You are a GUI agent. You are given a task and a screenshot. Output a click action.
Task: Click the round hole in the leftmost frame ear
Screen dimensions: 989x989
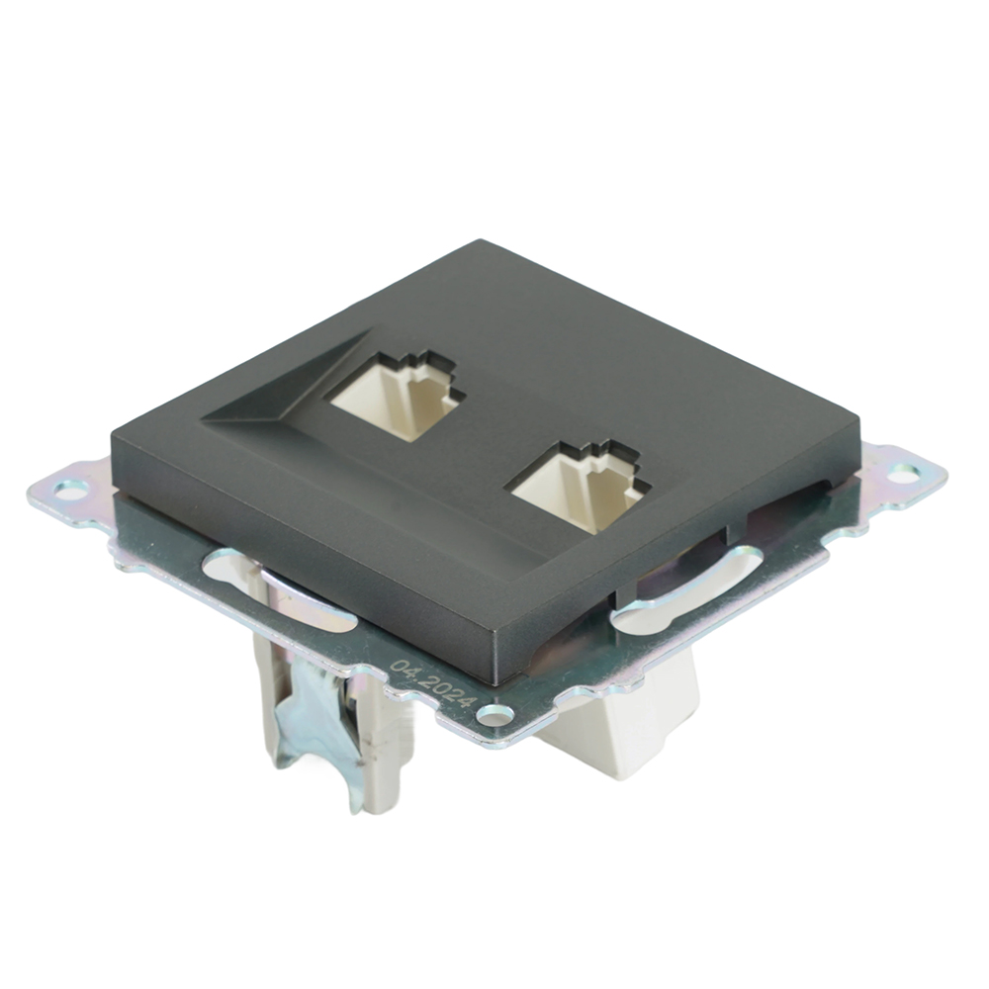point(70,488)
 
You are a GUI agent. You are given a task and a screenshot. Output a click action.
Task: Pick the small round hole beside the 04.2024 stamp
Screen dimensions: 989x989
point(494,714)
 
